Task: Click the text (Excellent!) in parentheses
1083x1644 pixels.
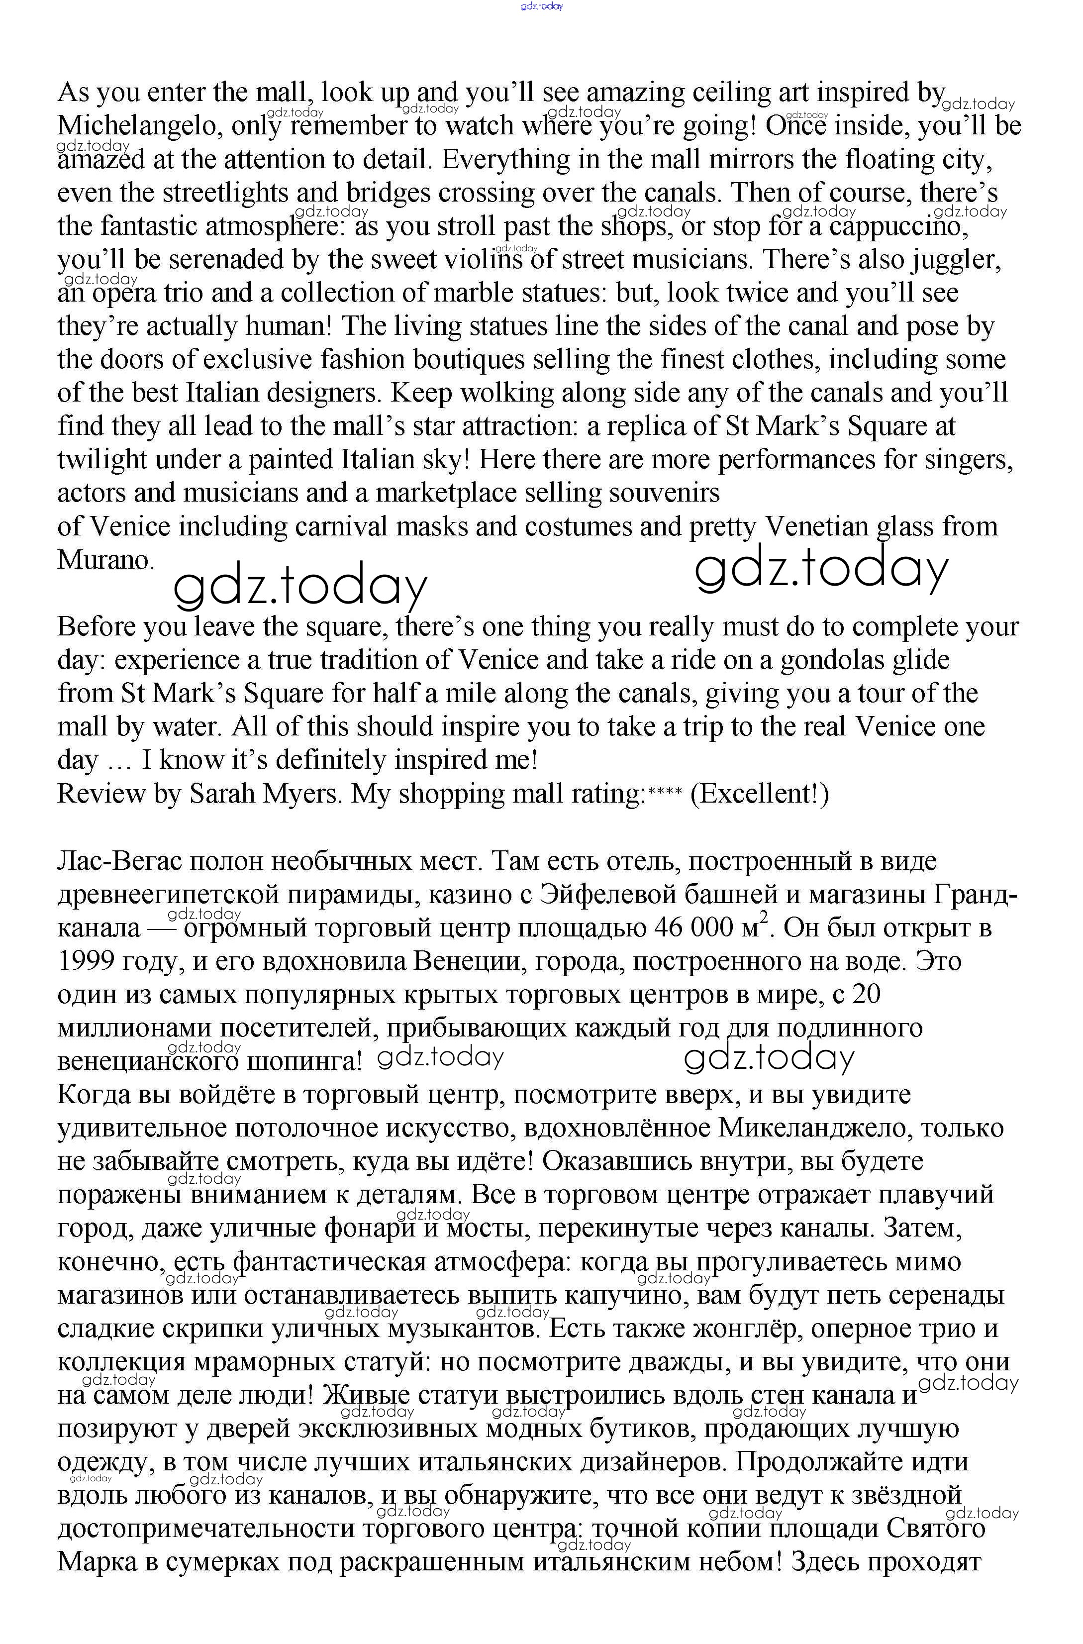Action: (x=759, y=794)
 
